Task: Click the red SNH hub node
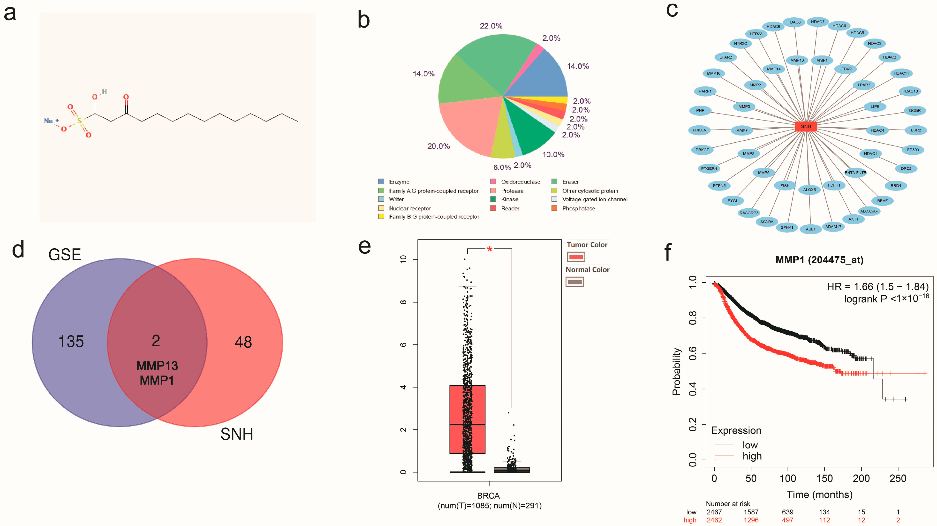pos(806,126)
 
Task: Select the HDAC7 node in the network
pos(817,22)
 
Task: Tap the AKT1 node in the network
pos(853,219)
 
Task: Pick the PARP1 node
pos(705,91)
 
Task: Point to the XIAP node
pos(785,185)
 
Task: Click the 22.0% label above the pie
pos(491,26)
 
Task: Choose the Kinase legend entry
pos(509,199)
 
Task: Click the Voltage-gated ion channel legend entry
pos(594,199)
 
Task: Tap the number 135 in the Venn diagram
pos(71,342)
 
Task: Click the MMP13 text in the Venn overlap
pos(157,366)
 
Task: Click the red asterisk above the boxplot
pos(490,250)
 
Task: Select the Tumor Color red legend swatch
pos(576,257)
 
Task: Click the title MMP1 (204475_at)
pos(819,260)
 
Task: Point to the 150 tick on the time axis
pos(824,478)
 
